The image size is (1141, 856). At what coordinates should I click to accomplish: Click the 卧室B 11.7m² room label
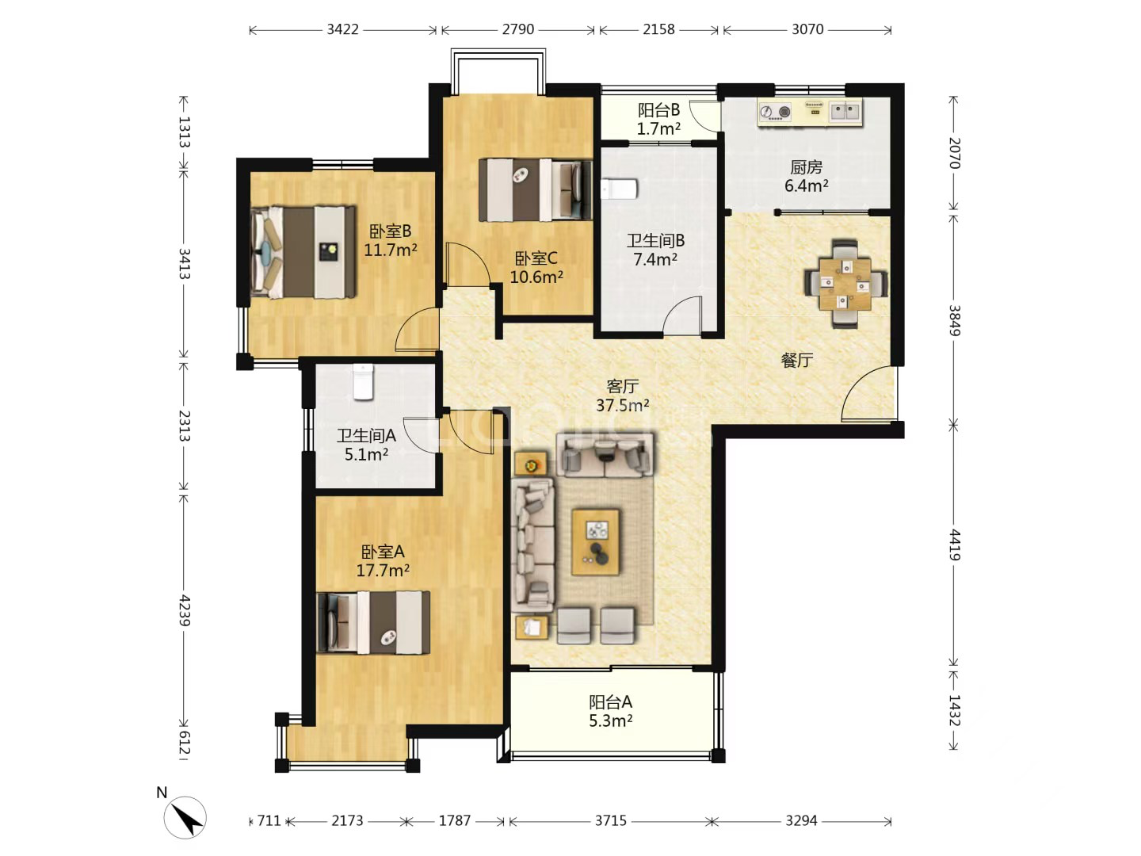[x=390, y=240]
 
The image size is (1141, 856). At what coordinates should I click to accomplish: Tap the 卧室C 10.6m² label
[x=536, y=267]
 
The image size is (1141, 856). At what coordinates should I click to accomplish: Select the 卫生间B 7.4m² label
[x=655, y=250]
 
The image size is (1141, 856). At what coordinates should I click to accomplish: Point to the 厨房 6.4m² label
[x=806, y=176]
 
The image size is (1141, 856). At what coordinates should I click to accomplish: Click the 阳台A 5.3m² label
[x=610, y=712]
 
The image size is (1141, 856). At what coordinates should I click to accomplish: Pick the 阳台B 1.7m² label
[x=658, y=119]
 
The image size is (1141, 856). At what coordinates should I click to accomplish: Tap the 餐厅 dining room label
[x=797, y=360]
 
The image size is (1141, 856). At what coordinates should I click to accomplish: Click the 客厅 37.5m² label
[x=622, y=396]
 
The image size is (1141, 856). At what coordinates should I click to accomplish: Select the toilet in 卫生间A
[x=364, y=382]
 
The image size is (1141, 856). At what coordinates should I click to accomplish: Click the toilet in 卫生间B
[x=619, y=189]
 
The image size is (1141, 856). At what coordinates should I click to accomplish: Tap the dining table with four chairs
[x=845, y=284]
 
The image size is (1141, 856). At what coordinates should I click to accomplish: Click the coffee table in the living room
[x=595, y=542]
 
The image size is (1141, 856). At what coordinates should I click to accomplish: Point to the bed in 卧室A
[x=373, y=622]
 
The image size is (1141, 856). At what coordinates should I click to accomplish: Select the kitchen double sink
[x=845, y=112]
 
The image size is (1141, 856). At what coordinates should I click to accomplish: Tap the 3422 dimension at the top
[x=342, y=29]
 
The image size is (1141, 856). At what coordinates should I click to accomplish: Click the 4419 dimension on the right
[x=954, y=545]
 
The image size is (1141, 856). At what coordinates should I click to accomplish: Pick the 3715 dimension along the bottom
[x=611, y=821]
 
